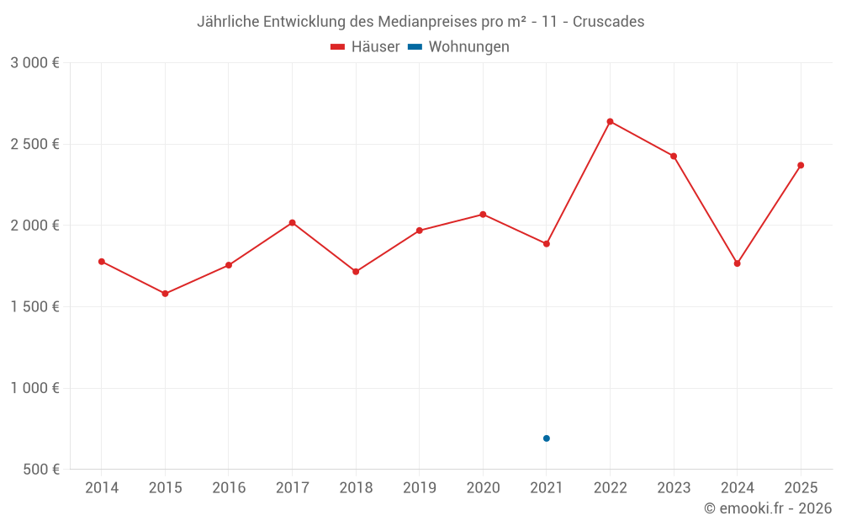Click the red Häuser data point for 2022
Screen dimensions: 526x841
pos(610,121)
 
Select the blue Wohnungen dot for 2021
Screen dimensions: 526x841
pos(546,438)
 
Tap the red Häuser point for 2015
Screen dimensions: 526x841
pos(165,294)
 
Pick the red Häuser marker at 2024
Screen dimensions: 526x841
pos(737,263)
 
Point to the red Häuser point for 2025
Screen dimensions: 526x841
pos(801,165)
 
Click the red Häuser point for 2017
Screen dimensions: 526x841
pos(292,222)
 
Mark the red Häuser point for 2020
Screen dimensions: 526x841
pos(483,215)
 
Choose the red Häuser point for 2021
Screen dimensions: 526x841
pos(546,244)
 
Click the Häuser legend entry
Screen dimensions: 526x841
pos(365,47)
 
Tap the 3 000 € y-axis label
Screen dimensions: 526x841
pos(34,63)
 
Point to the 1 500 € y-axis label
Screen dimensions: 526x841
pos(34,307)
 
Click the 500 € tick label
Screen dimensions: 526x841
pos(40,470)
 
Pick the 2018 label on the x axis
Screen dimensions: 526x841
pos(356,488)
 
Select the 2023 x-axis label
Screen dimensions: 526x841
pos(674,488)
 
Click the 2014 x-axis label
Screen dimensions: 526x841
pos(102,488)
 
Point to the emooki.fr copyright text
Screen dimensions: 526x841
pos(767,508)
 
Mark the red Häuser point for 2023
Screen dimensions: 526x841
pos(674,156)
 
